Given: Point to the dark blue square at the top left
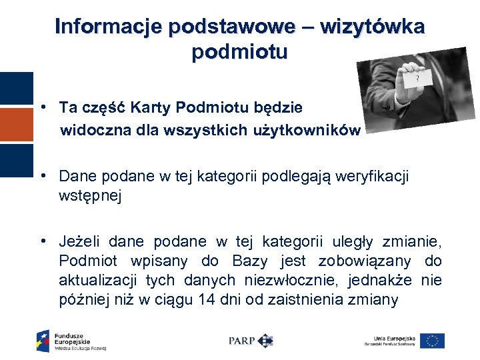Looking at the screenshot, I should tap(16, 88).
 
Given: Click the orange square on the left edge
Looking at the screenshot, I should tap(16, 124).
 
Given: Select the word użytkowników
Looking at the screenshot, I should tap(305, 130).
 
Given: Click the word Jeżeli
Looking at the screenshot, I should tap(80, 241).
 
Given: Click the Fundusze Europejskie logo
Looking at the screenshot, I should tap(71, 340).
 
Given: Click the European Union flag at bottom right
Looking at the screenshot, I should tap(433, 341).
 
